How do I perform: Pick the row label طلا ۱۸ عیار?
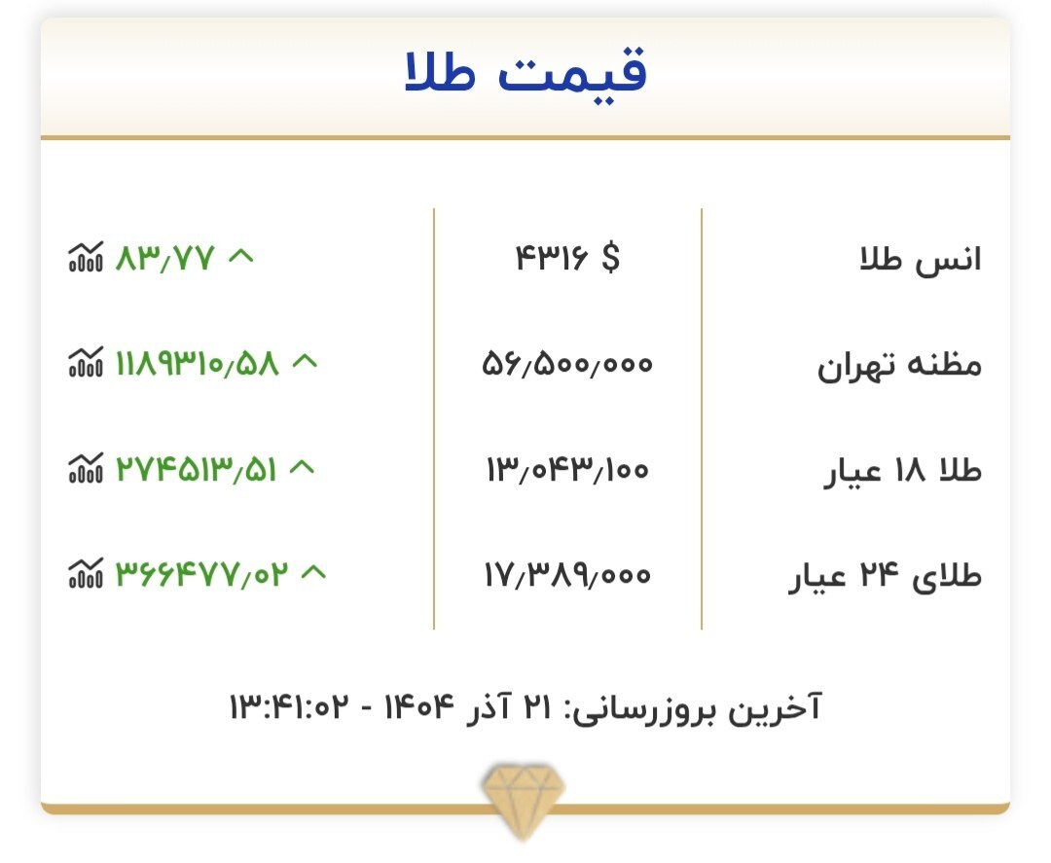click(x=902, y=471)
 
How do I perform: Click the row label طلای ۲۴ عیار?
click(x=885, y=577)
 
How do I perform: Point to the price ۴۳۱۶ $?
click(x=566, y=259)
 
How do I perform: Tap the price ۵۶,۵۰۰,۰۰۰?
click(x=567, y=365)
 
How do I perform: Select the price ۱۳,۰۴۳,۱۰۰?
click(x=567, y=471)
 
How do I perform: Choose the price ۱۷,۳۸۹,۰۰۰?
click(x=567, y=576)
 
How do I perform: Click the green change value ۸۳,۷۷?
click(x=163, y=259)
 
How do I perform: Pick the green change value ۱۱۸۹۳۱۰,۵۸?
click(x=197, y=365)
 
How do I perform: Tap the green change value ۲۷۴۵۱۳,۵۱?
click(x=196, y=471)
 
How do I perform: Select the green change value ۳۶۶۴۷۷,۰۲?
click(x=202, y=576)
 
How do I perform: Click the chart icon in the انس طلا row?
click(x=85, y=259)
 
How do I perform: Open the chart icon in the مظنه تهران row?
click(x=85, y=365)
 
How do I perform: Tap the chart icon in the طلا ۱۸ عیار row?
click(x=85, y=471)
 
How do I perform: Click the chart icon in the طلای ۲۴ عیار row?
click(x=85, y=576)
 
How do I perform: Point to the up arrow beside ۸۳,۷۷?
click(x=240, y=257)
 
